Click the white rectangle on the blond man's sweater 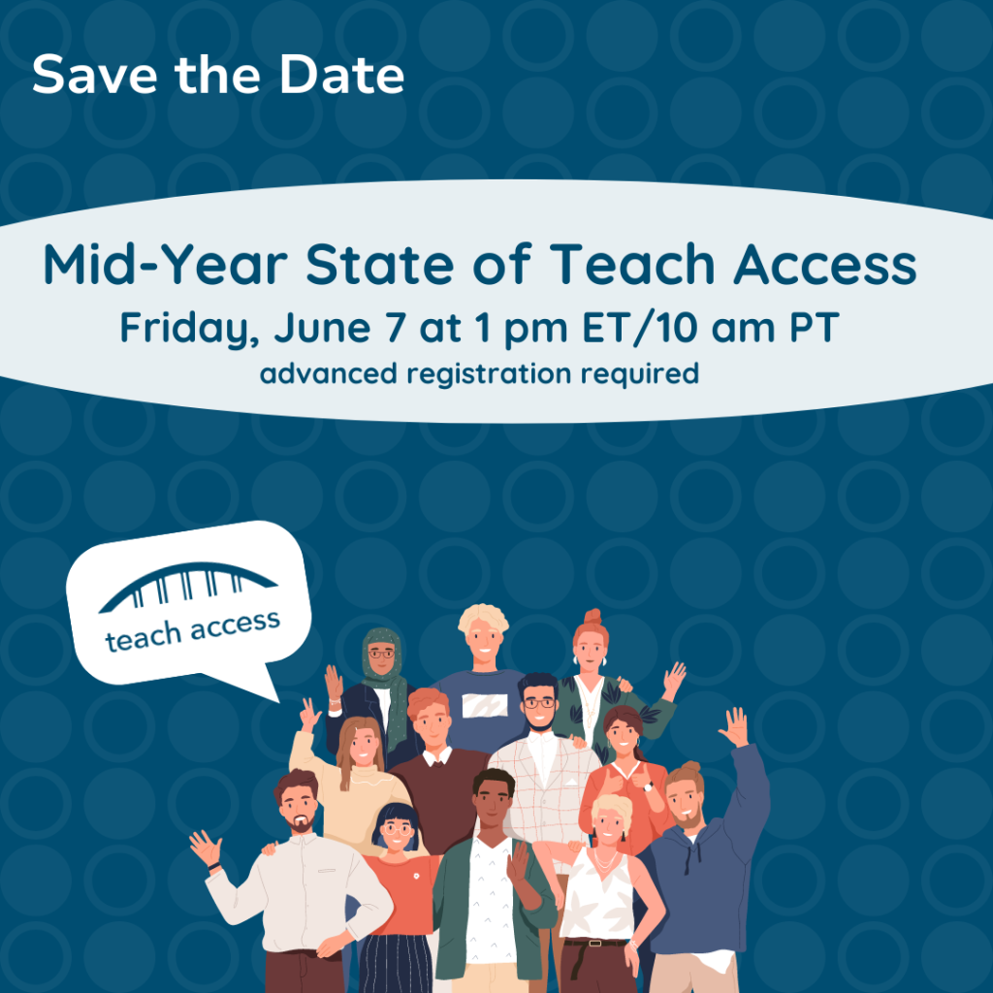[484, 705]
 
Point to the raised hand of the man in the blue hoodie [734, 726]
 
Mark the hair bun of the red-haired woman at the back [593, 617]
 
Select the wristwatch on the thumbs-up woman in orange [647, 785]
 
